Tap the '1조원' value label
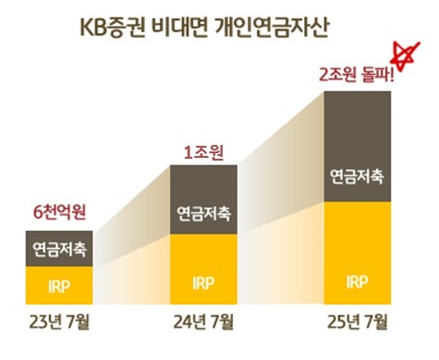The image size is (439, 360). point(203,152)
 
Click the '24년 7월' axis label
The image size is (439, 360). point(204,321)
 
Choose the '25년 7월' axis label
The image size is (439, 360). point(358,321)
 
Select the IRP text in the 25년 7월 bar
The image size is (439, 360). point(357,280)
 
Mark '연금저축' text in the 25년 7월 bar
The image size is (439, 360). point(357,176)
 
